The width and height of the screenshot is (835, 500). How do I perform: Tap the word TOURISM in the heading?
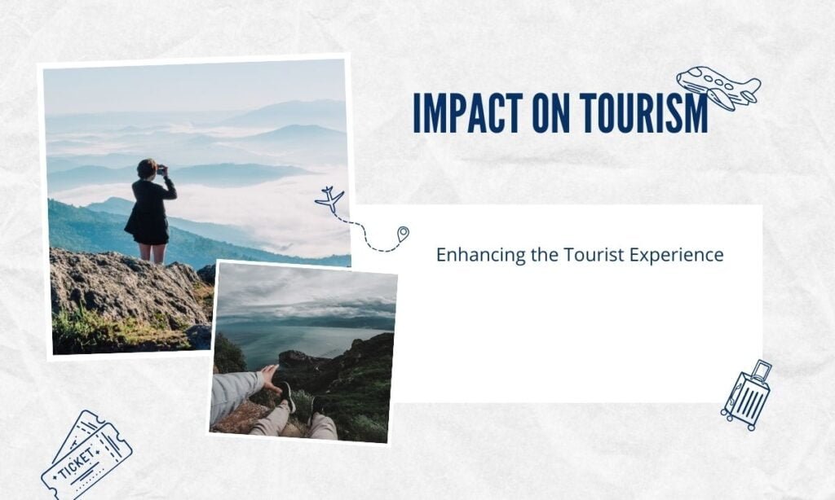644,113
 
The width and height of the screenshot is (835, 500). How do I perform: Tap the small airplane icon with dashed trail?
330,200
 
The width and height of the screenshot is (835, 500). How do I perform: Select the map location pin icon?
403,234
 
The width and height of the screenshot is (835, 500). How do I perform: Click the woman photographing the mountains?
150,211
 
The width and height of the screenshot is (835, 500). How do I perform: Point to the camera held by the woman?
161,171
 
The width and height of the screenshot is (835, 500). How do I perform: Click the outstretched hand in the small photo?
271,379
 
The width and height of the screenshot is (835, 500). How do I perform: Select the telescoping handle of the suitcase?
761,370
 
